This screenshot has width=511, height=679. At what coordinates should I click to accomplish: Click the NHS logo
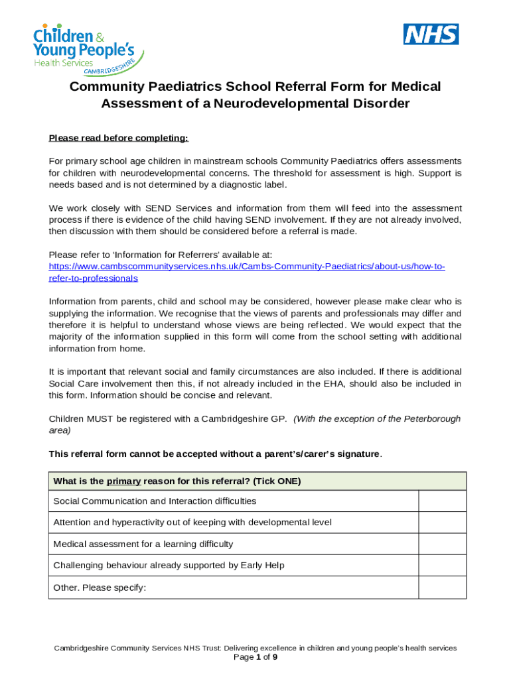point(431,34)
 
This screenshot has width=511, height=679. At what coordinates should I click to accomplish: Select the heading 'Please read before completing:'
point(119,138)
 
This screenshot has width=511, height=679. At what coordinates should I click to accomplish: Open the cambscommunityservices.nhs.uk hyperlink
point(247,267)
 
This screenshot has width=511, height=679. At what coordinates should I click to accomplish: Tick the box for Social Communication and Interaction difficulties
point(442,501)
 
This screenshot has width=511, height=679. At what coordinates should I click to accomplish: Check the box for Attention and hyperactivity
point(442,523)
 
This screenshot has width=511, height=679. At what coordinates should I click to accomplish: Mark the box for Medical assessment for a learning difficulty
point(442,544)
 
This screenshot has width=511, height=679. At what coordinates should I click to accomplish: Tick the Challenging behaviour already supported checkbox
point(442,566)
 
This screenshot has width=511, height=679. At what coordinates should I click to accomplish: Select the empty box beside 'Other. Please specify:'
point(442,587)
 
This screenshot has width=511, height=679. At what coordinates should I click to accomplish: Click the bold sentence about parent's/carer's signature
point(215,454)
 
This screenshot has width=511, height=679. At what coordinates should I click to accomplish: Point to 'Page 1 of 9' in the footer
point(256,658)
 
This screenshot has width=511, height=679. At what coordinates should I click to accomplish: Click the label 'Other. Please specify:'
point(100,587)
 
